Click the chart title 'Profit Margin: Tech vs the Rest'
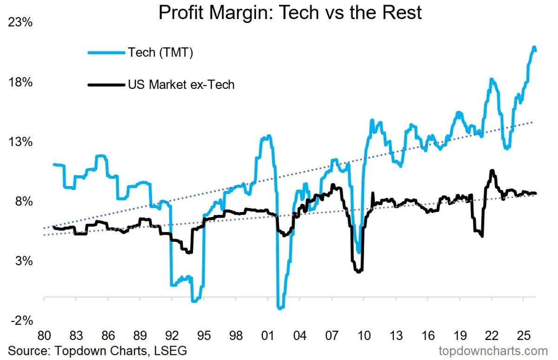[290, 13]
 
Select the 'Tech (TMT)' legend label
[160, 53]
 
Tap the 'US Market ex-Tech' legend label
[181, 85]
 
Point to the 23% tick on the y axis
[20, 23]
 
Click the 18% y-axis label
[20, 82]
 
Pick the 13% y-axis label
[20, 142]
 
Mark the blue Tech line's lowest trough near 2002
[280, 308]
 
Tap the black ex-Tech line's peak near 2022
[492, 171]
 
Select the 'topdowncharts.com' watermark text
[493, 350]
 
